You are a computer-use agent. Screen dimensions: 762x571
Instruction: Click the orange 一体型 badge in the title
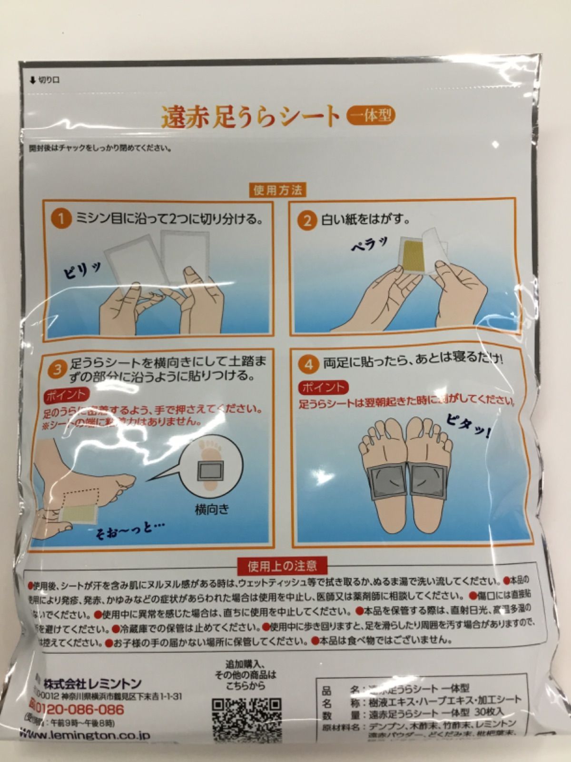point(371,115)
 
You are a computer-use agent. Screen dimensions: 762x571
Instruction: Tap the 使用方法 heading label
point(277,190)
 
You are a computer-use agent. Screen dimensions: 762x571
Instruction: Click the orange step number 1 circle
point(61,220)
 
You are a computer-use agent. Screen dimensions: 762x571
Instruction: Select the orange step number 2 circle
point(307,221)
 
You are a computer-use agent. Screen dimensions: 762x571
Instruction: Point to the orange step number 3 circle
point(57,370)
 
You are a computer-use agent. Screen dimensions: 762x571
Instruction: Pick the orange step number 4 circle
point(309,364)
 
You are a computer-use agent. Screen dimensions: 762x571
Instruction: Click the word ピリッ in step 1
point(82,272)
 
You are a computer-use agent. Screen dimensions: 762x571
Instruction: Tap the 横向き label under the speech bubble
point(212,510)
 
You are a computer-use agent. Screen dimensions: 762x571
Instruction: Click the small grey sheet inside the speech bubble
point(210,472)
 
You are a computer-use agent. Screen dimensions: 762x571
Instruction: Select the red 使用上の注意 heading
point(282,566)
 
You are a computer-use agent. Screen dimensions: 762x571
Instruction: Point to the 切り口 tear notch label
point(45,80)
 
